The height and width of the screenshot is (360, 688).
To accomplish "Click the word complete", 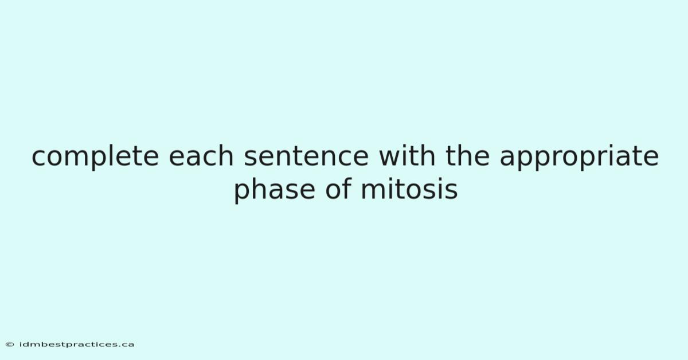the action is tap(95, 156).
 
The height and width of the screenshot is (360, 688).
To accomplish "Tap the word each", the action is tap(201, 155).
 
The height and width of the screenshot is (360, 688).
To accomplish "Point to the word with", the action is tap(407, 155).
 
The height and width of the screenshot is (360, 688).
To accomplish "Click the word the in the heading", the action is tap(467, 155).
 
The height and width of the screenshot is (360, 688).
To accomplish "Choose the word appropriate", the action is tap(579, 157).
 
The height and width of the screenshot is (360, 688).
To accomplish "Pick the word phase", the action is tap(275, 190).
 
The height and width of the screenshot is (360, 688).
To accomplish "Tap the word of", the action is tap(338, 189).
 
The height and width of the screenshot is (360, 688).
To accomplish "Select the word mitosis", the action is tap(409, 189).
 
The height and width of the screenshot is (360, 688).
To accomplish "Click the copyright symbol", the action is tap(10, 345).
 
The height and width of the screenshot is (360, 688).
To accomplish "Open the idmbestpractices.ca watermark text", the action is tap(76, 345).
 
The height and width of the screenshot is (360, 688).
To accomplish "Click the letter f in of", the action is tap(347, 189).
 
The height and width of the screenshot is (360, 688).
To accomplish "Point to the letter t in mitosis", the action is tap(400, 189).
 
